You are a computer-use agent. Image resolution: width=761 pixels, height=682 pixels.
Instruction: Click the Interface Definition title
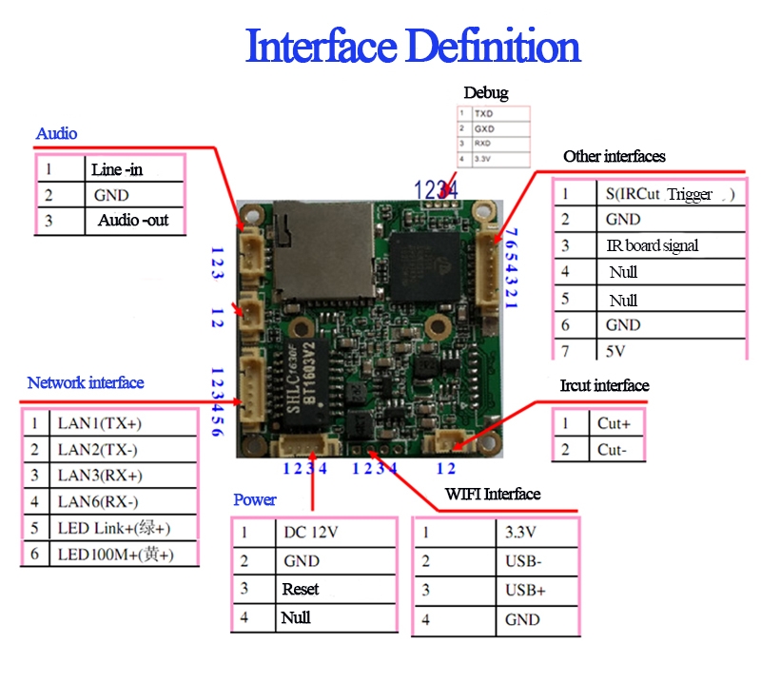(413, 47)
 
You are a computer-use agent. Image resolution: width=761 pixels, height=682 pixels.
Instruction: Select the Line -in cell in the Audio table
(118, 170)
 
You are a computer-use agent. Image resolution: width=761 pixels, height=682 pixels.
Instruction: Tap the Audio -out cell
(133, 220)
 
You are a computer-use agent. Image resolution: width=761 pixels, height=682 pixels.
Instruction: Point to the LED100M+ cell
(115, 554)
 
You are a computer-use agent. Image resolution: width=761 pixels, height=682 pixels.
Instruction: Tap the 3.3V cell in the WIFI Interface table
(521, 533)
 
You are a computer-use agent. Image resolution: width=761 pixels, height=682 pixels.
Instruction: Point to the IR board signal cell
(653, 245)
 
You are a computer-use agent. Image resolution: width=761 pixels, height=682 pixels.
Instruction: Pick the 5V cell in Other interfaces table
(615, 351)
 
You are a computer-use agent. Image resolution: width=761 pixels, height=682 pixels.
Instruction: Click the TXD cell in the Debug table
(485, 113)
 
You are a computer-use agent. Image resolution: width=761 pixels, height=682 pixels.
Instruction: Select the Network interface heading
(86, 382)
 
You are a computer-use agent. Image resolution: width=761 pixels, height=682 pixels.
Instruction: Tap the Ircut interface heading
(604, 385)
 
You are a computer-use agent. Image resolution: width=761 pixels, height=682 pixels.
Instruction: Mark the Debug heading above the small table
(485, 92)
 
